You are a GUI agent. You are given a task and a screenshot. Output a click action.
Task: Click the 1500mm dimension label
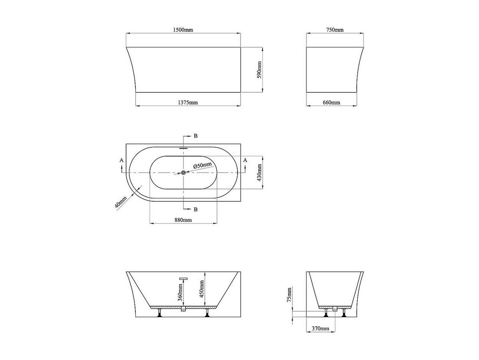[x=184, y=30]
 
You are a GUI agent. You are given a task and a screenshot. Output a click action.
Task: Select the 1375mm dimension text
[x=188, y=102]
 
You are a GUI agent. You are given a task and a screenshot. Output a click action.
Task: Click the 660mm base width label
[x=331, y=102]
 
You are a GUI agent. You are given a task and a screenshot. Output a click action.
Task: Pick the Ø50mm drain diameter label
[x=202, y=165]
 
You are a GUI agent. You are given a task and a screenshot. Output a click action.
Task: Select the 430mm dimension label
[x=259, y=173]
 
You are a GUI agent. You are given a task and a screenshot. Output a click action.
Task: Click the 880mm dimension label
[x=183, y=220]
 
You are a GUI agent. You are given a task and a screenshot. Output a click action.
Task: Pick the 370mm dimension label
[x=321, y=328]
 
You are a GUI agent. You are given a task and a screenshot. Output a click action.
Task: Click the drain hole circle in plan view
[x=183, y=173]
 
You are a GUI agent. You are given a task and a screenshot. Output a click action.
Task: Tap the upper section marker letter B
[x=195, y=136]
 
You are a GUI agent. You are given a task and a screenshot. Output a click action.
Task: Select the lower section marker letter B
[x=195, y=209]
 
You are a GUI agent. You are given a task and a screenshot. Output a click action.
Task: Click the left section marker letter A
[x=122, y=160]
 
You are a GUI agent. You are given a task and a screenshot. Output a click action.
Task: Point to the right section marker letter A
[x=245, y=160]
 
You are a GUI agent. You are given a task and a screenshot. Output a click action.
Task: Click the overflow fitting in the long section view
[x=183, y=278]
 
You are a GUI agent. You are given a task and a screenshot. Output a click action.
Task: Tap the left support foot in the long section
[x=160, y=313]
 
